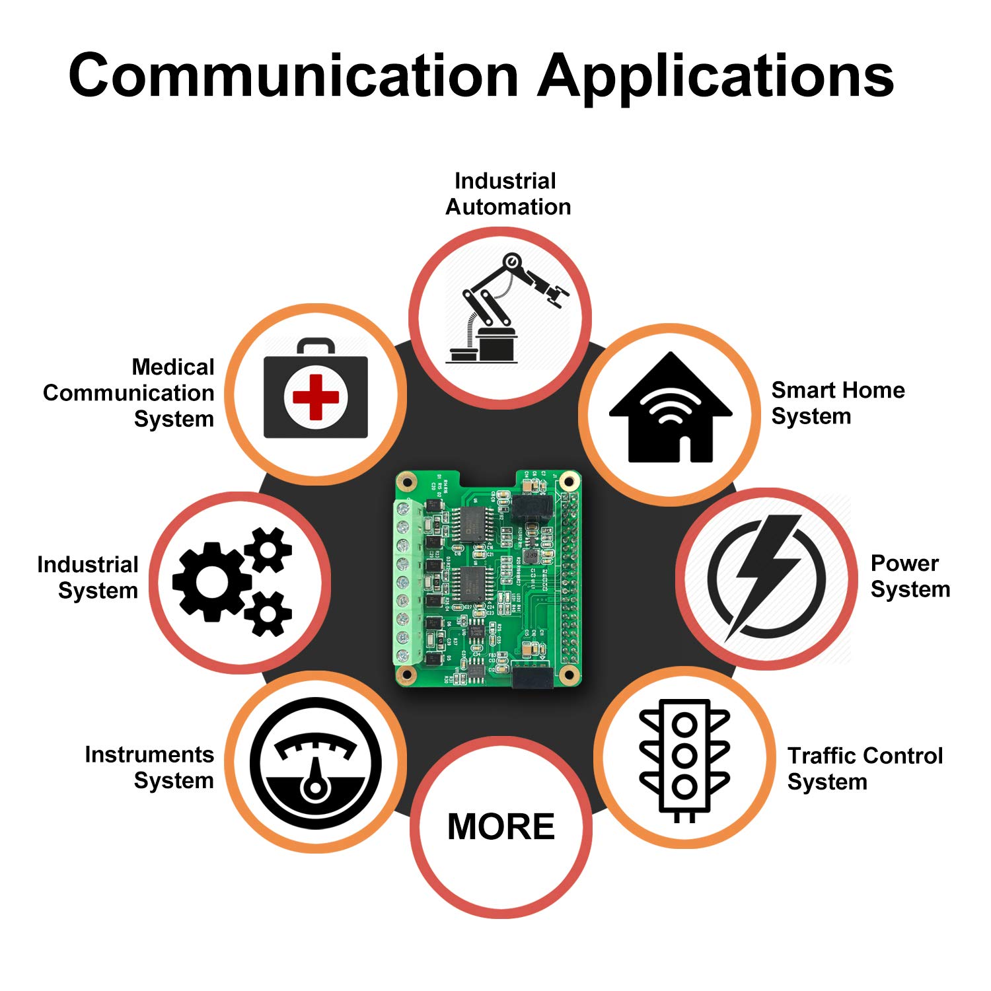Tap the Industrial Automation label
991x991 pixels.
(507, 194)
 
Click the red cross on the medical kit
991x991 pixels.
(316, 397)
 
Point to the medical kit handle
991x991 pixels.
(315, 346)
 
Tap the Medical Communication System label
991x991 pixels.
(129, 393)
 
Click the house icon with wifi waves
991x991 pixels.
(670, 410)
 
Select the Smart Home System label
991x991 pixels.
(838, 403)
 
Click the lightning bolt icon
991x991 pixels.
(766, 575)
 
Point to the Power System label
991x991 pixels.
(910, 576)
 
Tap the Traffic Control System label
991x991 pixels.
(864, 768)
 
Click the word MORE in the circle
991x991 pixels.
(501, 826)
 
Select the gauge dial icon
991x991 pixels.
(315, 763)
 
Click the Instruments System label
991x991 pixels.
(150, 768)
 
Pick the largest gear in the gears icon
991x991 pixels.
(211, 581)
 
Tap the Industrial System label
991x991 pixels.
(89, 577)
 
